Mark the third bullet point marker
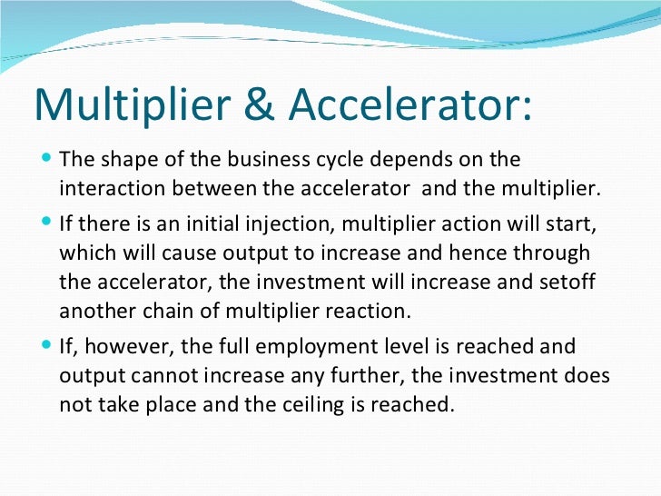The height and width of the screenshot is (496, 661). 47,346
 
